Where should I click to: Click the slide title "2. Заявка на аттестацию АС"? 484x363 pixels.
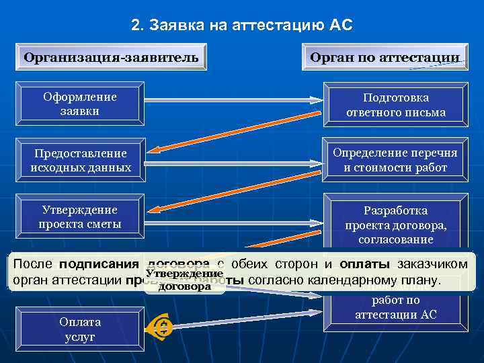[241, 26]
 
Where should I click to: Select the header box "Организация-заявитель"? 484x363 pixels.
[111, 57]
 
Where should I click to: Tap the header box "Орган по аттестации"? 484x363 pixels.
[385, 57]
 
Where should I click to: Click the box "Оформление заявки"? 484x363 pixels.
[80, 104]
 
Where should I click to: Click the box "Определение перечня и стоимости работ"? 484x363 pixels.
[395, 161]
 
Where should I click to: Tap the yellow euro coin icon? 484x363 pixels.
[164, 327]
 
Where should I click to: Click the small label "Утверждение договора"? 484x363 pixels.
[184, 280]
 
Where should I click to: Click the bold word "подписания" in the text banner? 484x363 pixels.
[98, 264]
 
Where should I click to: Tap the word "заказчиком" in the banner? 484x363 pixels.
[434, 264]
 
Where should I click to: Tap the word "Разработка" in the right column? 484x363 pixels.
[395, 210]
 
